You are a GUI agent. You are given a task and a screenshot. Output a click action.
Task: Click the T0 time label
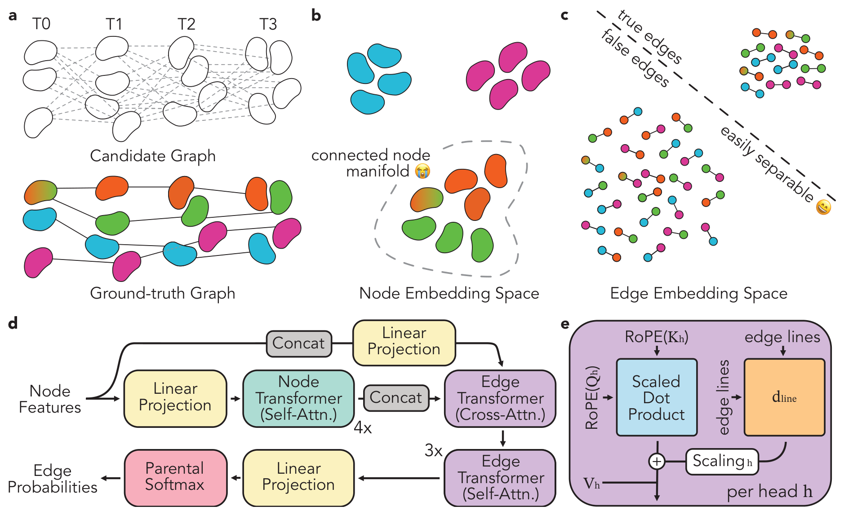coord(41,23)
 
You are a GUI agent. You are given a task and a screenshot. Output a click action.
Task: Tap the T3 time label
coord(268,24)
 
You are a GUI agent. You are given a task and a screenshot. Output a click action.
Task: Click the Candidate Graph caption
coord(153,156)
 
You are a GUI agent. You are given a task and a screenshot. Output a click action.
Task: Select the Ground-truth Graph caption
coord(162,293)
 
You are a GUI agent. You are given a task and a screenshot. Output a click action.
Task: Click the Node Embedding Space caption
coord(449,293)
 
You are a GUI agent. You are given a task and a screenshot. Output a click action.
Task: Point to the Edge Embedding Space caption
coord(698,293)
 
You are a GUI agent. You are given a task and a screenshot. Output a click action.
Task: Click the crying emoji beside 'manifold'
coord(422,171)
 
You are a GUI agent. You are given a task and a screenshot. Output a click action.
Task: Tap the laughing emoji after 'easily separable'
coord(824,207)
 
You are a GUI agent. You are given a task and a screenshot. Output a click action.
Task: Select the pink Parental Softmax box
coord(175,477)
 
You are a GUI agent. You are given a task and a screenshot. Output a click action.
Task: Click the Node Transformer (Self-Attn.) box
coord(298,398)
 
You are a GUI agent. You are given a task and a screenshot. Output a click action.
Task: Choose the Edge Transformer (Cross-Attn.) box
coord(500,398)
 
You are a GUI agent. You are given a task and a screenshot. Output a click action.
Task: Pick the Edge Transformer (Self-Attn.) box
coord(500,478)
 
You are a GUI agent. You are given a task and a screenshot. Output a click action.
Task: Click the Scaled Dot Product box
coord(657,397)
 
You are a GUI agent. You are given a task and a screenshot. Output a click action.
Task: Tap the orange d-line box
coord(784,397)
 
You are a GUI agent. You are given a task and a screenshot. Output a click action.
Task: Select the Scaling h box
coord(722,461)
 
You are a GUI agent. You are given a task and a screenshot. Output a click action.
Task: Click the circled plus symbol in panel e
coord(657,461)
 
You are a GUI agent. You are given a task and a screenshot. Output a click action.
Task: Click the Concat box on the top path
coord(299,343)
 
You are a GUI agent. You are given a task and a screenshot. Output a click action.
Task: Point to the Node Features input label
coord(50,399)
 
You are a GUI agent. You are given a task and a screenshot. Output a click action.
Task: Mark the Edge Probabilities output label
coord(53,479)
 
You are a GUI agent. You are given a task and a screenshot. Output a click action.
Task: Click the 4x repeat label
coord(363,427)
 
